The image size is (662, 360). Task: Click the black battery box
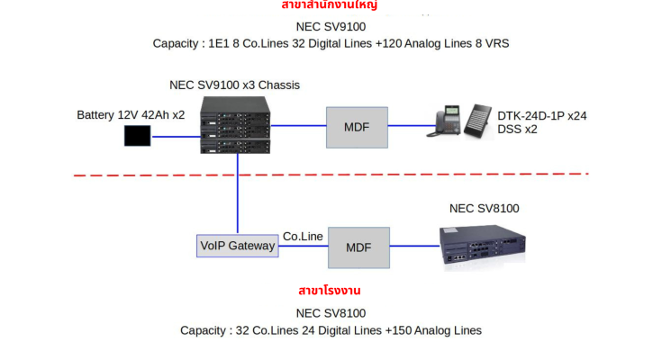pos(138,137)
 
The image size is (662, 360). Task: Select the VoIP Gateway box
pos(237,245)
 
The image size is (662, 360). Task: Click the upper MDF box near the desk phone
pos(357,127)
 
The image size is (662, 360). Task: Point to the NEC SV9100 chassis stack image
pos(234,123)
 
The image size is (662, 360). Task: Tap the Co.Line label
pos(303,237)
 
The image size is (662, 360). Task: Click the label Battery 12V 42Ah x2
pos(131,115)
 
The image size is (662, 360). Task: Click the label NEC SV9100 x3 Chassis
pos(234,85)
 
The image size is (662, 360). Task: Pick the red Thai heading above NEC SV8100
pos(331,292)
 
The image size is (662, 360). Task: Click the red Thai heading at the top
pos(331,5)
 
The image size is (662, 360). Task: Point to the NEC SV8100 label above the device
pos(484,209)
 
